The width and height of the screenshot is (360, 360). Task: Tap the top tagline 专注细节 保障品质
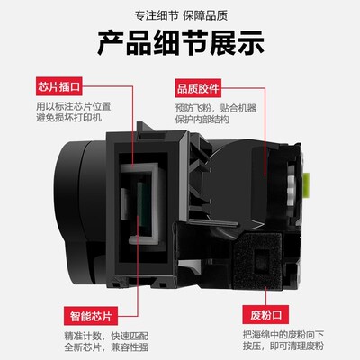(180, 15)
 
